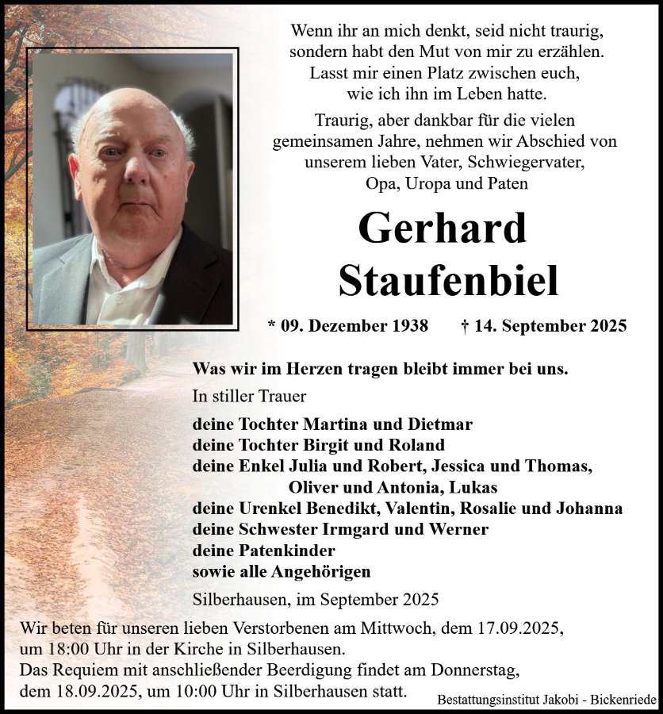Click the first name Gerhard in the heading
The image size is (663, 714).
442,228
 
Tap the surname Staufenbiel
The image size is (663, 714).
448,279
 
